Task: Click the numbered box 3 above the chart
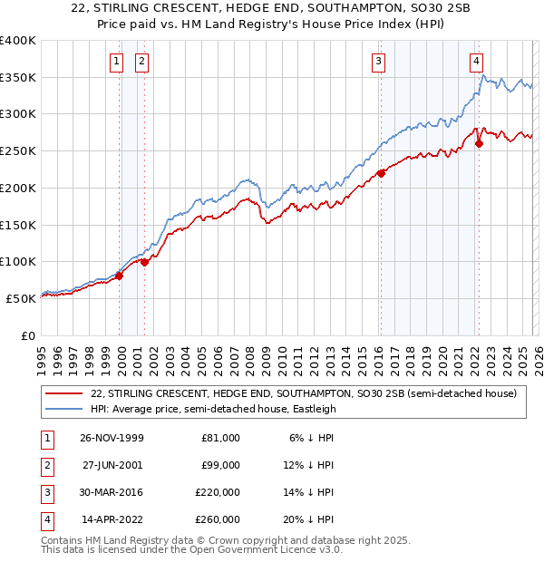click(x=378, y=62)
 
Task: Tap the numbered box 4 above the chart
click(x=476, y=62)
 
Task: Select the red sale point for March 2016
click(x=381, y=173)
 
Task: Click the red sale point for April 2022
click(x=479, y=143)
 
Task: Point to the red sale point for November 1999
click(x=120, y=276)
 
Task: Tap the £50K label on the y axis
click(x=21, y=298)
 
